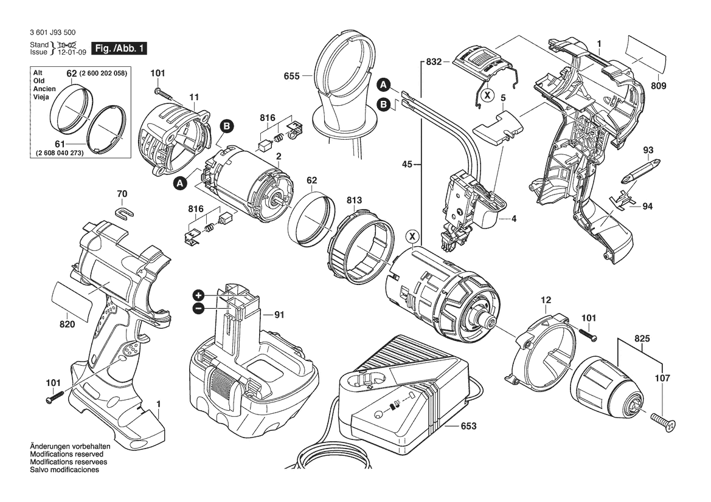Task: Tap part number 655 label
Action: click(291, 77)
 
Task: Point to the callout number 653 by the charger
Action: click(468, 427)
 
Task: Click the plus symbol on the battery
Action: click(198, 295)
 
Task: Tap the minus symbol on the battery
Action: click(198, 309)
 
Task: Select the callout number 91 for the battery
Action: click(279, 315)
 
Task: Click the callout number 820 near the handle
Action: click(67, 325)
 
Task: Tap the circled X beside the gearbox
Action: click(413, 236)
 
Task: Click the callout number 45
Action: click(408, 163)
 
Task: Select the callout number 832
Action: click(434, 62)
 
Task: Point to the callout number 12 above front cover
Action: click(546, 300)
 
